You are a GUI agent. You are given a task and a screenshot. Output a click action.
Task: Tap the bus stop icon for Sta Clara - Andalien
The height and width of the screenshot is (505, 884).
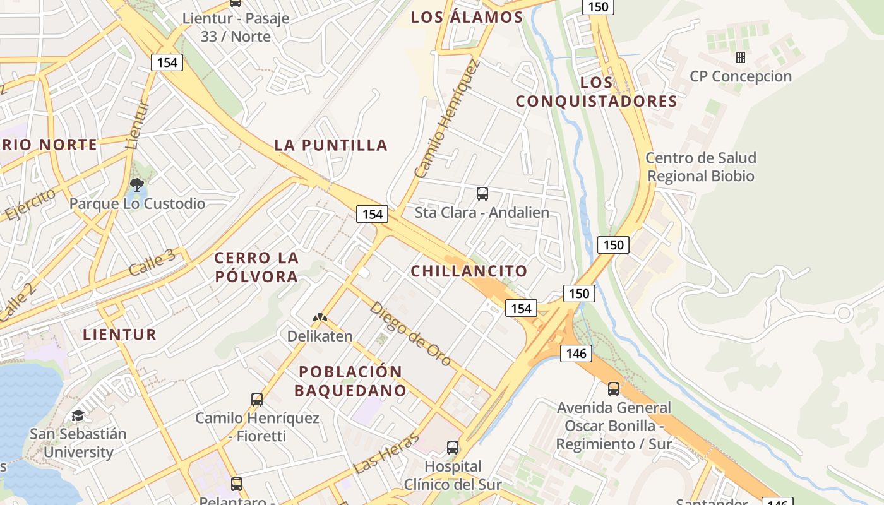point(482,194)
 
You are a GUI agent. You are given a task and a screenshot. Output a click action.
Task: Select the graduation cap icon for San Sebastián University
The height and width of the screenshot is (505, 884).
point(78,415)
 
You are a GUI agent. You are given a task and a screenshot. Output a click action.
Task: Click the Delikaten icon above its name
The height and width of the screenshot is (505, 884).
point(320,318)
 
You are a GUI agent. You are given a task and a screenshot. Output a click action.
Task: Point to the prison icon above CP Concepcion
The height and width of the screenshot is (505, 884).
point(741,57)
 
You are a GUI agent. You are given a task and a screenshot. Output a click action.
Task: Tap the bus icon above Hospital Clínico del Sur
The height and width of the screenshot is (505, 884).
point(453,448)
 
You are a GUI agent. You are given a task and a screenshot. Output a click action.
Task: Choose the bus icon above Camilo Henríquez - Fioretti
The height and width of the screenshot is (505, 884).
point(257,399)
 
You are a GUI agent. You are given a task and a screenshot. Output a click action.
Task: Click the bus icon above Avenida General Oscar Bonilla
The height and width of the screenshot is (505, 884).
point(614,388)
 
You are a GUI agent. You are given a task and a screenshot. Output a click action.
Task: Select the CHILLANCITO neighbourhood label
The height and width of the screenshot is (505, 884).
point(469,271)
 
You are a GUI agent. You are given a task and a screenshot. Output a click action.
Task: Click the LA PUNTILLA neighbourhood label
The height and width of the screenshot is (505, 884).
point(331,145)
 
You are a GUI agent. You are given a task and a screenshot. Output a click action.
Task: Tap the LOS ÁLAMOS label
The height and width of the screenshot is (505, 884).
point(467,18)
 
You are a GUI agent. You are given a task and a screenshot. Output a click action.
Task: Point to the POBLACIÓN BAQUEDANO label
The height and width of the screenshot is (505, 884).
point(350,381)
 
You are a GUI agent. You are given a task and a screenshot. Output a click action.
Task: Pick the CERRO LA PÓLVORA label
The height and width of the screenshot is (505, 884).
point(256,267)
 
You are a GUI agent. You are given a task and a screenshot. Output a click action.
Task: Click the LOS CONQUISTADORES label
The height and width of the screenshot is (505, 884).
point(597,92)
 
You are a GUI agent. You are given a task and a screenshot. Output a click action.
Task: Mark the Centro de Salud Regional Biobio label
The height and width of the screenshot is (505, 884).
point(701,167)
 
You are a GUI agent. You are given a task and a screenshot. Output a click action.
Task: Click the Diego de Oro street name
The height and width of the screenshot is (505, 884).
point(410,333)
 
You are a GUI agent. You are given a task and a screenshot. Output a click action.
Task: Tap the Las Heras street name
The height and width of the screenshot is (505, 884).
point(387,453)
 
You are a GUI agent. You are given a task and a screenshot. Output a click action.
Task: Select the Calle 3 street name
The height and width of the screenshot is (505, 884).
point(152,262)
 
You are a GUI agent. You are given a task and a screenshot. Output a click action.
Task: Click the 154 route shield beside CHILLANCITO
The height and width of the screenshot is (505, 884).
point(521,308)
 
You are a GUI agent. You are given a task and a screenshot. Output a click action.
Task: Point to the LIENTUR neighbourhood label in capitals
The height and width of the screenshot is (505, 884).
point(119,335)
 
